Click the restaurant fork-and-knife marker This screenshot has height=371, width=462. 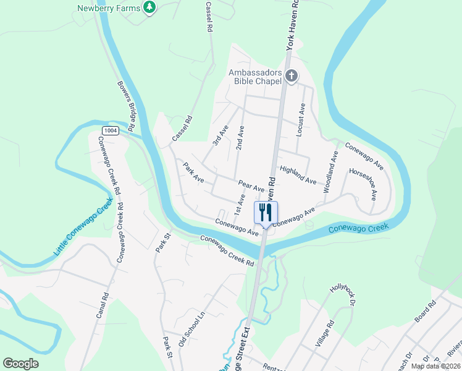point(266,213)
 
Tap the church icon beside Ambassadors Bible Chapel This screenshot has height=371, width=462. point(292,77)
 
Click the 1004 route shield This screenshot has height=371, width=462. point(111,130)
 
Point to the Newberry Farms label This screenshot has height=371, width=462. point(109,9)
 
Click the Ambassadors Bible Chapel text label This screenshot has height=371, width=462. point(255,77)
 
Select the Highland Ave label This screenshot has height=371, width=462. point(298,176)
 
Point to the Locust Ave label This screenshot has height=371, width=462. point(302,119)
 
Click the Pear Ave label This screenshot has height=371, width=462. point(251,185)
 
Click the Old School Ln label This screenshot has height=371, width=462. point(191,329)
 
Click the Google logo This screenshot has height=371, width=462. point(20,364)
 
